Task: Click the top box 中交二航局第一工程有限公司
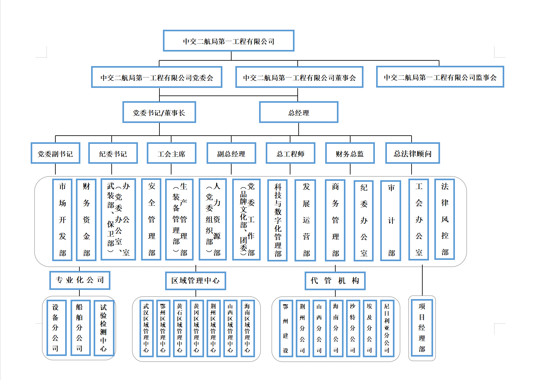click(x=228, y=41)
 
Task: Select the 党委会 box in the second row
click(x=157, y=77)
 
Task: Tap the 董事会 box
click(x=299, y=77)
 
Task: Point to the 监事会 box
click(x=440, y=77)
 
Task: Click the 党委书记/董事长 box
click(x=159, y=112)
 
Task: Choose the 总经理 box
click(x=299, y=112)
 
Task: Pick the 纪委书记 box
click(x=113, y=153)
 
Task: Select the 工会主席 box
click(x=171, y=153)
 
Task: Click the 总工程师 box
click(x=290, y=153)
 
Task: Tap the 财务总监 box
click(x=350, y=153)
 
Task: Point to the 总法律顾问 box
click(x=413, y=153)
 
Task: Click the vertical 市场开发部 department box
click(x=62, y=220)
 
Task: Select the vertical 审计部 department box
click(x=391, y=220)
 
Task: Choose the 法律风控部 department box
click(x=444, y=219)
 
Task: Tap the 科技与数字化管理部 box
click(x=277, y=220)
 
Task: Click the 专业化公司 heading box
click(x=80, y=280)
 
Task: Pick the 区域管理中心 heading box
click(x=196, y=281)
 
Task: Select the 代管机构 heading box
click(x=335, y=281)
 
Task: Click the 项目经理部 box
click(x=422, y=328)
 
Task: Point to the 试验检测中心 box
click(x=103, y=328)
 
